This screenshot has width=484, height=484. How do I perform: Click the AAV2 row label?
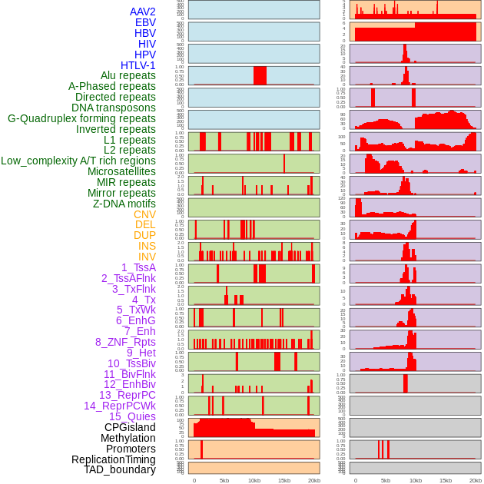click(142, 12)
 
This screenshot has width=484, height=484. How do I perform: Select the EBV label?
click(145, 22)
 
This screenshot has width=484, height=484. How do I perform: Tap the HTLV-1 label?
click(138, 65)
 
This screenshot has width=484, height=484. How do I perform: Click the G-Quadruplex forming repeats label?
click(81, 118)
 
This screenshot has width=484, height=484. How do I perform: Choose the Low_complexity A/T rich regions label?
click(78, 161)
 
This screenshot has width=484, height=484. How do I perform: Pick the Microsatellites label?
click(121, 171)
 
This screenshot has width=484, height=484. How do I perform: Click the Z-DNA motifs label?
click(124, 204)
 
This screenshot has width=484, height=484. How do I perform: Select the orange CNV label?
click(144, 214)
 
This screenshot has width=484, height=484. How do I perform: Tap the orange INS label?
click(147, 246)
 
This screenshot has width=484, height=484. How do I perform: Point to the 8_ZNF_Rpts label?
click(125, 342)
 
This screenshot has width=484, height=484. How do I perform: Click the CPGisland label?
click(130, 427)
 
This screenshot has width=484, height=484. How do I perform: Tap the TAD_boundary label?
click(120, 469)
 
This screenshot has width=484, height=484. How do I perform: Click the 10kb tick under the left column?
click(254, 480)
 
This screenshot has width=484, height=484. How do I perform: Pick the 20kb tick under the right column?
click(476, 480)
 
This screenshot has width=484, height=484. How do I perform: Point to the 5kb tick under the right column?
click(386, 480)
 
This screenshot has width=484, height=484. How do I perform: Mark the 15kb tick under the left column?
click(284, 480)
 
